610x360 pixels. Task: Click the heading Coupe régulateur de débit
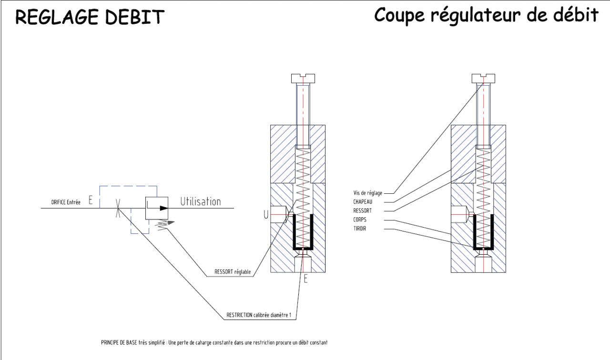coord(486,16)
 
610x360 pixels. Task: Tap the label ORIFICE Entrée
coord(66,202)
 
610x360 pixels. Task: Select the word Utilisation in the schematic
coord(200,202)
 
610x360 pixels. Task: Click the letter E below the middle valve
coord(305,280)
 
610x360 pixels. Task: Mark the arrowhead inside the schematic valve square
coord(163,208)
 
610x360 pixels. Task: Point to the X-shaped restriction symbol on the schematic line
coord(117,208)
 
